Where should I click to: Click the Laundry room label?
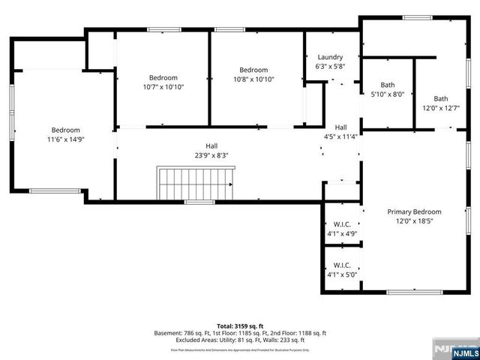[330, 57]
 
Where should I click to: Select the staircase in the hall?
[195, 183]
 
